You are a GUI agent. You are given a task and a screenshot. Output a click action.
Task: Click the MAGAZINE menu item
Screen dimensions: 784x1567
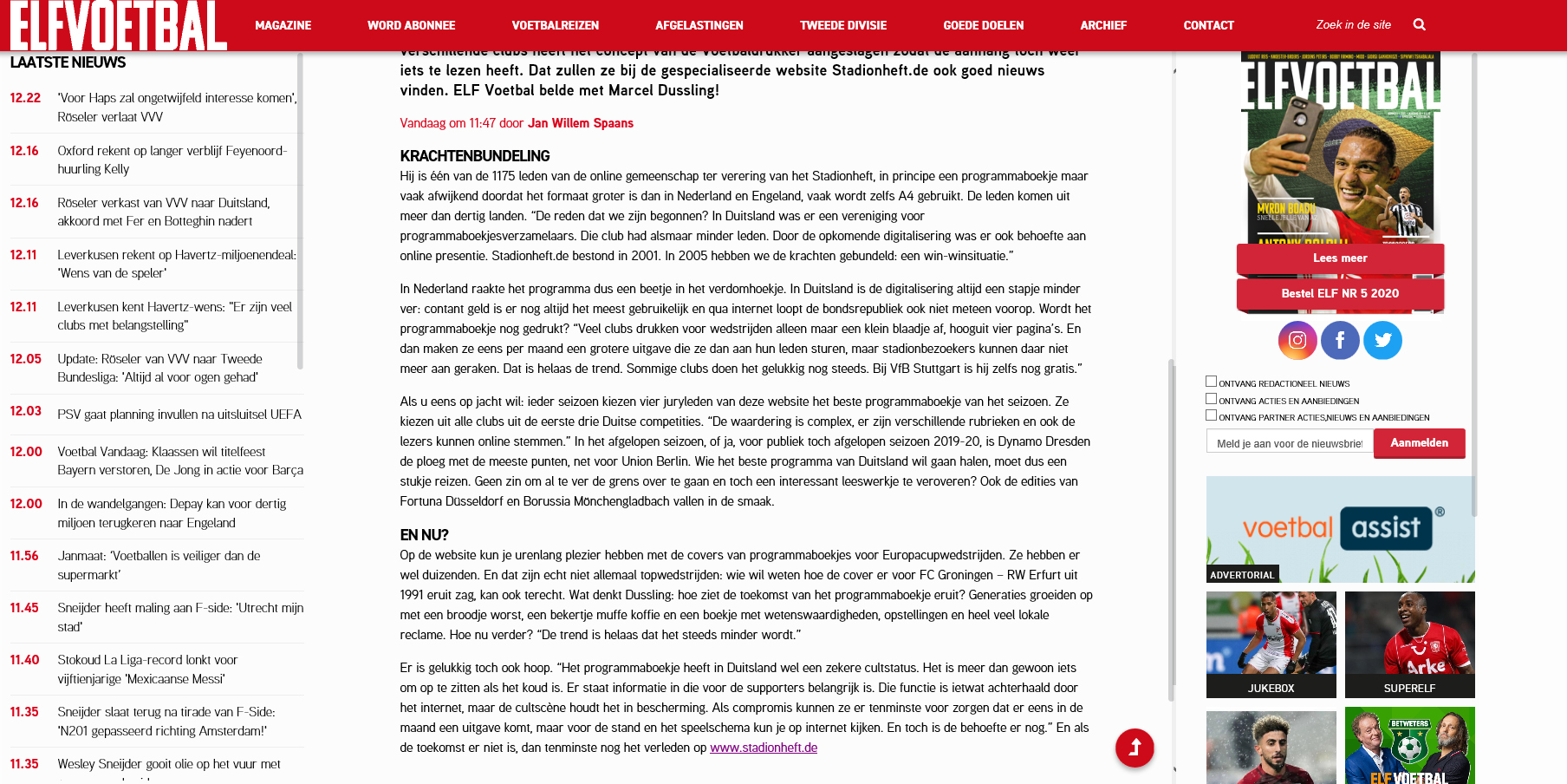pos(283,25)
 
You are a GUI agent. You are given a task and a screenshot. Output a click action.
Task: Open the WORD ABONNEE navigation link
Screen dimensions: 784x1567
pos(411,25)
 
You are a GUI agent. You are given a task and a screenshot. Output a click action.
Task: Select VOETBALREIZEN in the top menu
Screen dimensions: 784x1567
pos(555,25)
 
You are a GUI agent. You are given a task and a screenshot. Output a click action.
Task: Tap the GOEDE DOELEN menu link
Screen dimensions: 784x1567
pos(983,25)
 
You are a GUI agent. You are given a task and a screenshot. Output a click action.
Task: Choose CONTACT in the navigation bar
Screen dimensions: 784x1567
pos(1208,25)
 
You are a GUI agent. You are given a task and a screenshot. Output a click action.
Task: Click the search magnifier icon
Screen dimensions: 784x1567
pos(1419,24)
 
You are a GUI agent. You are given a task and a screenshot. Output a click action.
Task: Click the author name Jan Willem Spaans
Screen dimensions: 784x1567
pos(581,123)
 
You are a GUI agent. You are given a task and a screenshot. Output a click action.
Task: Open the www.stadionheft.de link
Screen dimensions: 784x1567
pos(764,748)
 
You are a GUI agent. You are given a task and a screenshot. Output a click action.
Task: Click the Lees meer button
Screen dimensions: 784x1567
pos(1340,258)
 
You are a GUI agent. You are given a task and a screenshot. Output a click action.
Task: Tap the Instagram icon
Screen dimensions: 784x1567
pos(1297,340)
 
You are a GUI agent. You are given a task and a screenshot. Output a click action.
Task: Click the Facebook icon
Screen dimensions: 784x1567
pos(1340,340)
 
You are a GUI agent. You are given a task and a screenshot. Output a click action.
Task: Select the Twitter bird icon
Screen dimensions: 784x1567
pos(1382,340)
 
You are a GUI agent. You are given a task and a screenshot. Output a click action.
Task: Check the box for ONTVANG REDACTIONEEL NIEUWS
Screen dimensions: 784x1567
pos(1211,382)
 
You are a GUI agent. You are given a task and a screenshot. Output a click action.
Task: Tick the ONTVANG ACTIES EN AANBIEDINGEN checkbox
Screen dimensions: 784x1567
pos(1211,399)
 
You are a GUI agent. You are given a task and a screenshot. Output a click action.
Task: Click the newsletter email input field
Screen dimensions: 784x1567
pos(1289,443)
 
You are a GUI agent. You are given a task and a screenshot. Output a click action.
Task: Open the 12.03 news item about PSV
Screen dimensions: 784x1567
pos(179,415)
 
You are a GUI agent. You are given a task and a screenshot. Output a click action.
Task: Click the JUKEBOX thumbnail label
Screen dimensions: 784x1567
pos(1271,688)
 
